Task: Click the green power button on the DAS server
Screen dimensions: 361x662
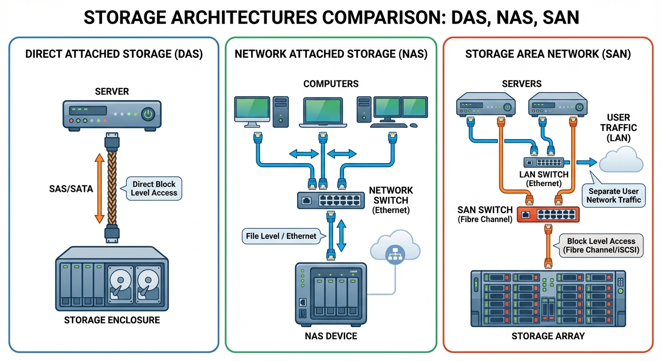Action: point(149,114)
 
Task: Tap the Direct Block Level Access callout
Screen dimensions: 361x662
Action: point(154,188)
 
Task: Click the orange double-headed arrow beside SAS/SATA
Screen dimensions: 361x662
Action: point(99,188)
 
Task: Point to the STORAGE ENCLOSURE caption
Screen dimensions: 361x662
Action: point(112,321)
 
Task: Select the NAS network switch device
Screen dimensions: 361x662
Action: point(330,200)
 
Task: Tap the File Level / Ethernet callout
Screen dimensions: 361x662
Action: point(281,236)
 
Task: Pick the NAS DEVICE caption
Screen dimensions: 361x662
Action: point(331,336)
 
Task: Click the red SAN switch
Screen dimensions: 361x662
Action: point(548,214)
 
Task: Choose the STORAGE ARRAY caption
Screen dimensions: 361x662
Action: point(548,336)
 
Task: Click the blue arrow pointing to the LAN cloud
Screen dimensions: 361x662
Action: point(584,162)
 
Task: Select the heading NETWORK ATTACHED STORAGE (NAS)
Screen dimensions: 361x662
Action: point(331,54)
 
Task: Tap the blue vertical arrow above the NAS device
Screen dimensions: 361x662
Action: point(342,236)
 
